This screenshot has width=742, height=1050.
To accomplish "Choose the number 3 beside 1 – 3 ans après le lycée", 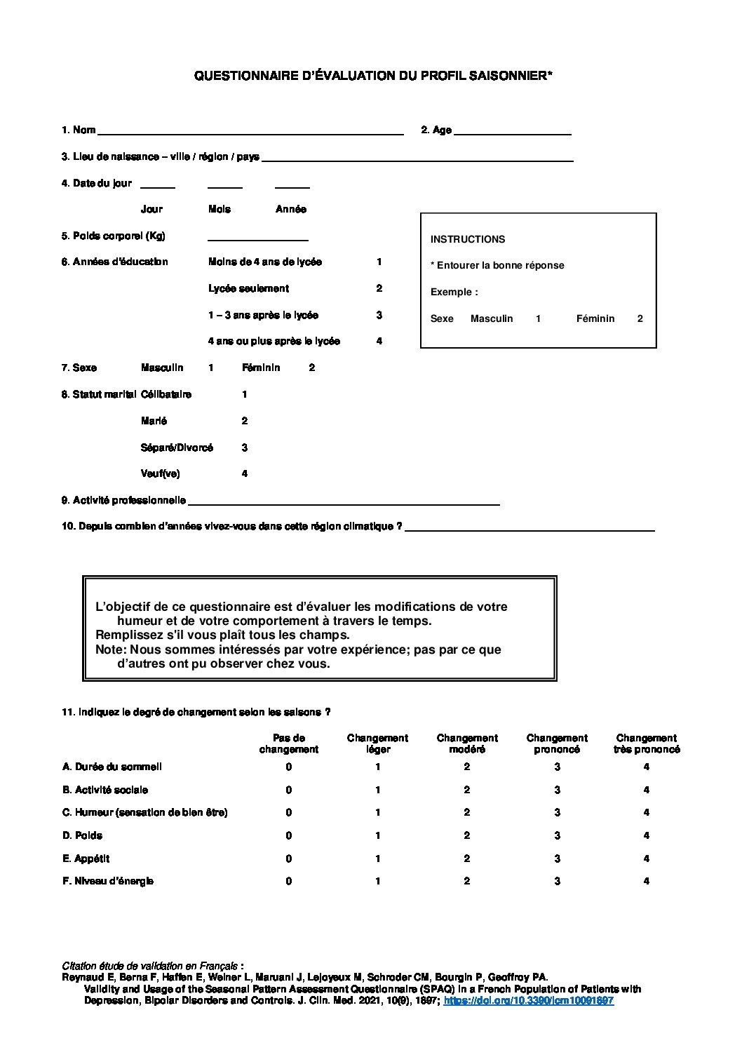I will coord(379,315).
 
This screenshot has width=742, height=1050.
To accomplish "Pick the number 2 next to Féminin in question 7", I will coord(312,368).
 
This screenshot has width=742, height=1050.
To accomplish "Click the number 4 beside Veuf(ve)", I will coord(245,473).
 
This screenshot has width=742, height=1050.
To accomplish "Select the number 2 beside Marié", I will coord(245,421).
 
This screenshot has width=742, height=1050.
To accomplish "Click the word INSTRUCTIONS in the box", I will coord(467,239).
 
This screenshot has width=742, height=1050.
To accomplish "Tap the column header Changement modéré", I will coord(467,743).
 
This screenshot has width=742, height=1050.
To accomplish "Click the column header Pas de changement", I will coord(288,743).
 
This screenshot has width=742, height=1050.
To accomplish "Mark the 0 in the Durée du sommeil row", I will coord(288,767).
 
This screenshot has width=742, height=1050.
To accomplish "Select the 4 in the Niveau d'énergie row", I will coord(646,881).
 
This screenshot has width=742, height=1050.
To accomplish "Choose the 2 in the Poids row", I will coord(467,835).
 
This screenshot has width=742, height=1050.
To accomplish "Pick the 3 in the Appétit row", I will coord(557,859).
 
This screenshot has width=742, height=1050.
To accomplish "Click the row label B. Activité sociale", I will coord(105,790).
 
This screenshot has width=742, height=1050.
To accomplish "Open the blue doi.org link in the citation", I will coord(529,1001).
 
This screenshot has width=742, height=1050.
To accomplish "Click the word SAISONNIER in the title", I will coord(510,76).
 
